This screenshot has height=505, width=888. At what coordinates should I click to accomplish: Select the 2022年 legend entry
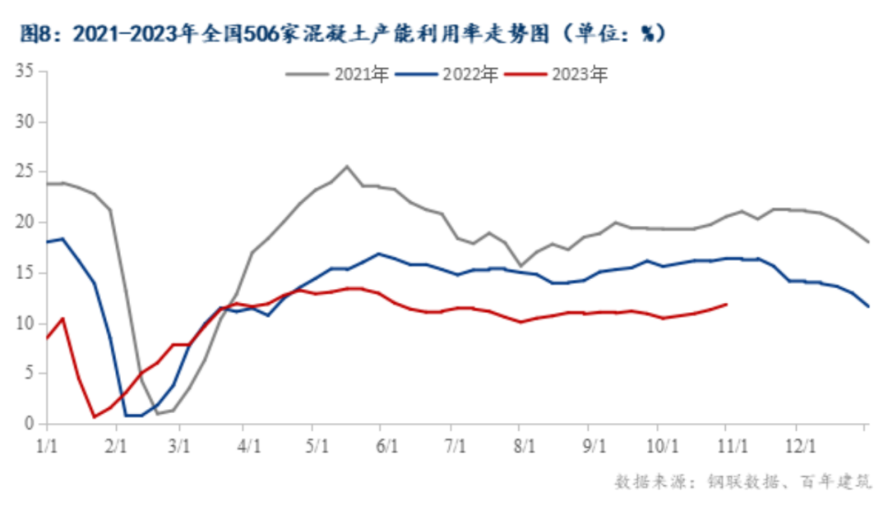(x=447, y=75)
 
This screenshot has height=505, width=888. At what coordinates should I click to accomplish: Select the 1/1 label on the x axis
(x=46, y=449)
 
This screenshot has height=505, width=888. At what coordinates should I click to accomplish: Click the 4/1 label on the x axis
(x=249, y=449)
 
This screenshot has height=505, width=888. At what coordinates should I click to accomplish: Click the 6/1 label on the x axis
(x=386, y=449)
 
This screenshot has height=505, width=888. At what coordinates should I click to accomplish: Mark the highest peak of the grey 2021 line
(x=346, y=167)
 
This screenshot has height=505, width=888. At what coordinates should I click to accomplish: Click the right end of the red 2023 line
(x=726, y=304)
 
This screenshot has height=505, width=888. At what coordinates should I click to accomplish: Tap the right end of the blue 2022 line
(x=868, y=307)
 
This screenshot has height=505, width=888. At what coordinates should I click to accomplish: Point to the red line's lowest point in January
(x=94, y=417)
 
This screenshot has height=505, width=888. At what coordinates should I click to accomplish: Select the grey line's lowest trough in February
(x=158, y=413)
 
